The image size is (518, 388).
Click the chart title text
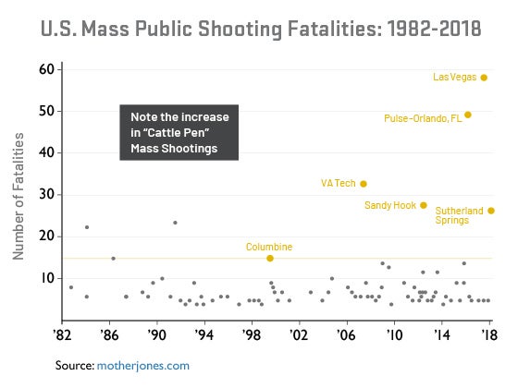(259, 29)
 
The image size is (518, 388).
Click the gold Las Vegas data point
(484, 78)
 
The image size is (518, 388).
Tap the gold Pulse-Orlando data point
(468, 115)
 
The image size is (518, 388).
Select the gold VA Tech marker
(364, 184)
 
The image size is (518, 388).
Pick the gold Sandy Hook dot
(424, 205)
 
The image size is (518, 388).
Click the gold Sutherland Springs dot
(491, 211)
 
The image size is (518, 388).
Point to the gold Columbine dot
(269, 259)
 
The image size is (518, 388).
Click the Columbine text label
(269, 247)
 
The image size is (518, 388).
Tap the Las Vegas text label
(454, 78)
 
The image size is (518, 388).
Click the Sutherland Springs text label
(460, 216)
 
